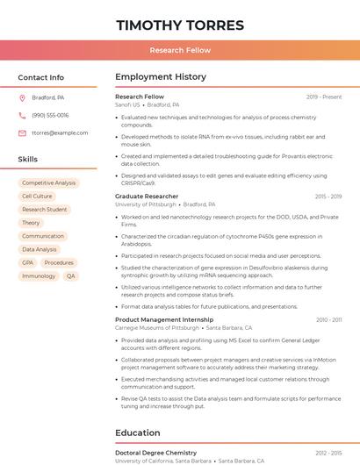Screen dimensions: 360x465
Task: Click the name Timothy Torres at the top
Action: click(x=180, y=25)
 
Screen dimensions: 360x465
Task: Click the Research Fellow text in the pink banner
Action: click(x=180, y=51)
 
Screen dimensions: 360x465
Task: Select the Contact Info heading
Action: click(x=41, y=77)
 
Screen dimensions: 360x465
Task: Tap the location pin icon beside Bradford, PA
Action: click(x=22, y=97)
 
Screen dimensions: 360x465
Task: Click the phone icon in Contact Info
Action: click(x=22, y=115)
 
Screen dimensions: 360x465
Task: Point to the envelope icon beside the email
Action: click(x=22, y=133)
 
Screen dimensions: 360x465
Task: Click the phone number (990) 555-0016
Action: click(x=50, y=115)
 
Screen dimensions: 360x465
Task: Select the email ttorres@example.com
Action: click(x=60, y=133)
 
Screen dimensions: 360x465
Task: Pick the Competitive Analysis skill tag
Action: click(x=49, y=183)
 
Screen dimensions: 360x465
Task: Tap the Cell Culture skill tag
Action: click(x=37, y=197)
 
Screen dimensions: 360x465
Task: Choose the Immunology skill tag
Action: click(x=39, y=276)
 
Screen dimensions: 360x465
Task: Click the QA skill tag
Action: click(x=71, y=276)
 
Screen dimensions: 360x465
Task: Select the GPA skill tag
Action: click(x=28, y=263)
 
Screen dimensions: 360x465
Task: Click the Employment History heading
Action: click(x=161, y=77)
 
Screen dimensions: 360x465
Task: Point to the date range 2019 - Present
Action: click(x=324, y=97)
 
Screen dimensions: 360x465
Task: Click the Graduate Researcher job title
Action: click(x=147, y=197)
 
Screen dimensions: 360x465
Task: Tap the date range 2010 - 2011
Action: click(x=329, y=320)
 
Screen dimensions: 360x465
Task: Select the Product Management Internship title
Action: click(x=164, y=320)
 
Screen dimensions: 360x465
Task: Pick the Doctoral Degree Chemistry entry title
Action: click(x=155, y=453)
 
